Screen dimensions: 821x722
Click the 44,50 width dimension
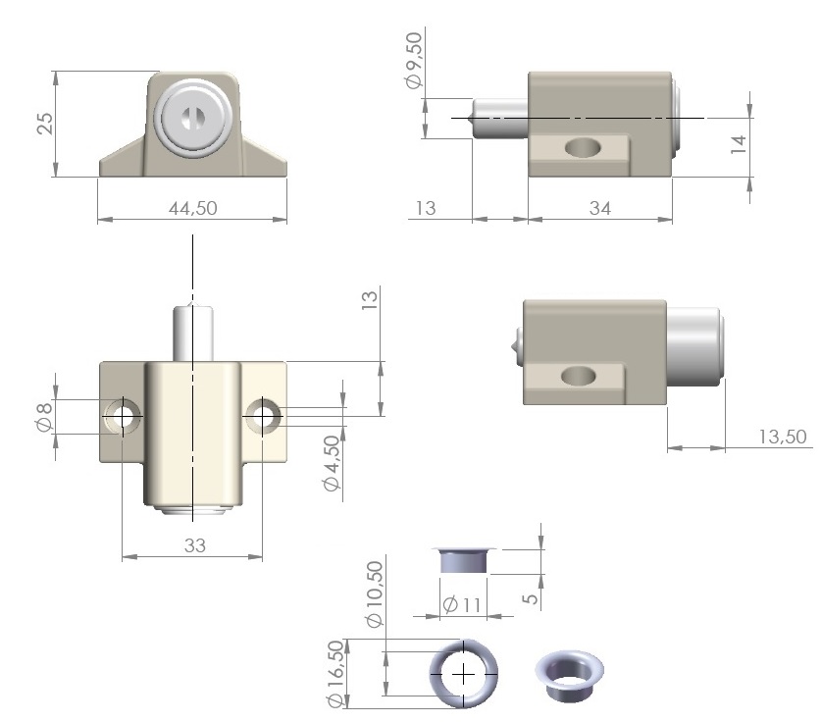click(192, 208)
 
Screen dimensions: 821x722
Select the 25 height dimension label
click(45, 124)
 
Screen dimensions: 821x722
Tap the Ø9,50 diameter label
click(413, 60)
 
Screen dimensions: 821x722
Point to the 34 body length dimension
click(600, 208)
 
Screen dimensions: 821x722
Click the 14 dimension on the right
click(738, 144)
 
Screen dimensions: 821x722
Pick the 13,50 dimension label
click(783, 437)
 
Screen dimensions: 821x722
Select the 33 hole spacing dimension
click(195, 545)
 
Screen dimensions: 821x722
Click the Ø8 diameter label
click(44, 417)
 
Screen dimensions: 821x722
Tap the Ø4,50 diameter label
click(332, 463)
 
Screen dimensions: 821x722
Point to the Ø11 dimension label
click(462, 604)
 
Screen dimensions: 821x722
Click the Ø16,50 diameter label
click(335, 673)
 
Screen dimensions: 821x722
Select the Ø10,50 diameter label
click(376, 593)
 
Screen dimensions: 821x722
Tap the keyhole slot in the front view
click(189, 118)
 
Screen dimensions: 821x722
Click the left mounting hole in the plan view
click(123, 416)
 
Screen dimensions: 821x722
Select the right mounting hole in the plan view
click(262, 416)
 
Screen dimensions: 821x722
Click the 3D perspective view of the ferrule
click(569, 676)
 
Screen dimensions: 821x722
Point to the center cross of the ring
click(463, 674)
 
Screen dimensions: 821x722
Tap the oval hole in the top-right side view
click(583, 148)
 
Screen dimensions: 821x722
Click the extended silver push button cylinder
click(694, 346)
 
